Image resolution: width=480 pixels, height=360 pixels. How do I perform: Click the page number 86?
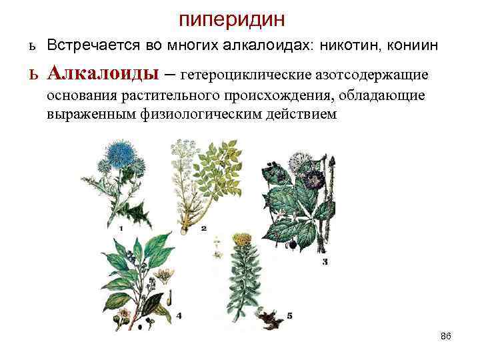[x=446, y=337]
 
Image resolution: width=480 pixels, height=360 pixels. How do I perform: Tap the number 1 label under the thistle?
[x=121, y=229]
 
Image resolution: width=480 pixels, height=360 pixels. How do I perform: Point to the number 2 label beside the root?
[x=203, y=228]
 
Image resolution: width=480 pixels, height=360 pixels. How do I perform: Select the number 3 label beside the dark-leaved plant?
[x=325, y=263]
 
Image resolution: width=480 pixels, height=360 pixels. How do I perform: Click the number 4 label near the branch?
[x=179, y=315]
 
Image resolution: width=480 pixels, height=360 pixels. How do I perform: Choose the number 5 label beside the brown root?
[x=289, y=315]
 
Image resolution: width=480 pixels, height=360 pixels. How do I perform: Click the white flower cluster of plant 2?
[x=183, y=151]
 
